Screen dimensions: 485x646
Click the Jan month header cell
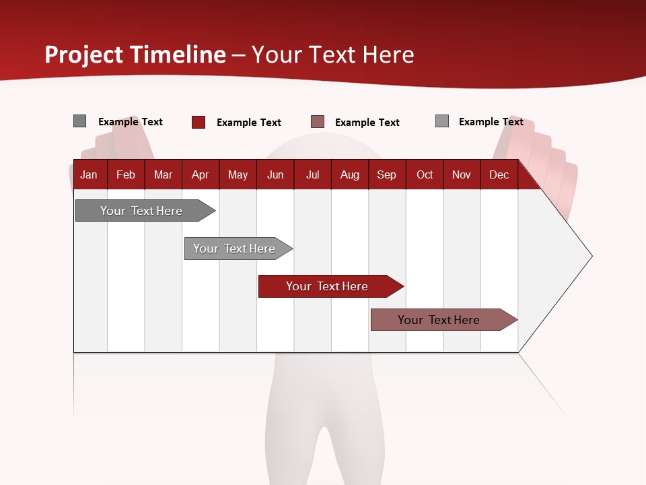tap(89, 174)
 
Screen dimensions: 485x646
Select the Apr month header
tap(200, 174)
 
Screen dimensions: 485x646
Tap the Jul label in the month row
tap(312, 174)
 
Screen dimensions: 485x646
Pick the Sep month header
tap(386, 174)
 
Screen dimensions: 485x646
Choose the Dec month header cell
tap(499, 174)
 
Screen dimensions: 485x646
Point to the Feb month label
tap(126, 174)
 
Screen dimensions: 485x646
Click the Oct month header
tap(425, 174)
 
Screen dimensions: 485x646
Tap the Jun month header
tap(275, 174)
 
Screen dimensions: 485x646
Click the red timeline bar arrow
tap(326, 286)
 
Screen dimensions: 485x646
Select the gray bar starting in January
tap(141, 211)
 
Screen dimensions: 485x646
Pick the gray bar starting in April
tap(234, 249)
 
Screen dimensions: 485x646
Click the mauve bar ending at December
tap(438, 320)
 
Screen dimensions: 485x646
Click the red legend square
tap(199, 122)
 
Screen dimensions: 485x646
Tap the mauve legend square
tap(318, 122)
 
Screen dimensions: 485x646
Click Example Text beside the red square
tap(249, 123)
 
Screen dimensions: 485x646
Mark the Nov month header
tap(462, 174)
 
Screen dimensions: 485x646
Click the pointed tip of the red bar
tap(402, 286)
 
